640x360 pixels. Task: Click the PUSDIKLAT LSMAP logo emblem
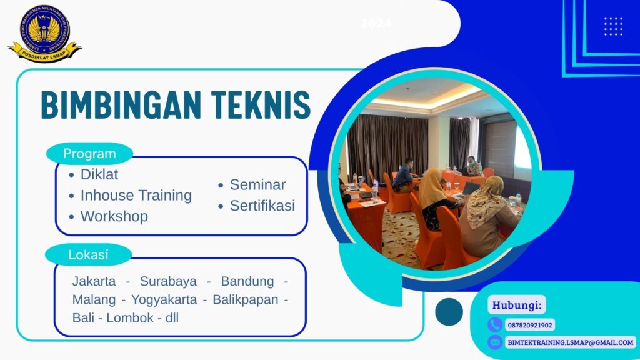pos(44,32)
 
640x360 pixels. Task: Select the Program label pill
pos(89,153)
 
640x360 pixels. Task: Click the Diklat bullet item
pos(99,174)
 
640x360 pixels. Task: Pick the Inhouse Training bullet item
pos(136,195)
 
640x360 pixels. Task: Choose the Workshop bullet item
pos(114,216)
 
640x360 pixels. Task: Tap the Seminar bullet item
pos(257,185)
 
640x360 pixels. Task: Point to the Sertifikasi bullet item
pos(262,206)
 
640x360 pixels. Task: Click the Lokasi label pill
pos(88,254)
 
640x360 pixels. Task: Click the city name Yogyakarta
pos(165,299)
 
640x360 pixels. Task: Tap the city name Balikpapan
pos(245,299)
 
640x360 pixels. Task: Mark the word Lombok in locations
pos(130,317)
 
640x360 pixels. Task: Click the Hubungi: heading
pos(517,306)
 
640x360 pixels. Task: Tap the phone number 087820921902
pos(529,325)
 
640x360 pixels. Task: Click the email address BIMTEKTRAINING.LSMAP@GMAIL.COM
pos(570,342)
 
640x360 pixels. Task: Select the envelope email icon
pos(495,342)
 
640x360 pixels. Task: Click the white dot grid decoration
pos(613,26)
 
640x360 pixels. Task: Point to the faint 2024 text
pos(376,24)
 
